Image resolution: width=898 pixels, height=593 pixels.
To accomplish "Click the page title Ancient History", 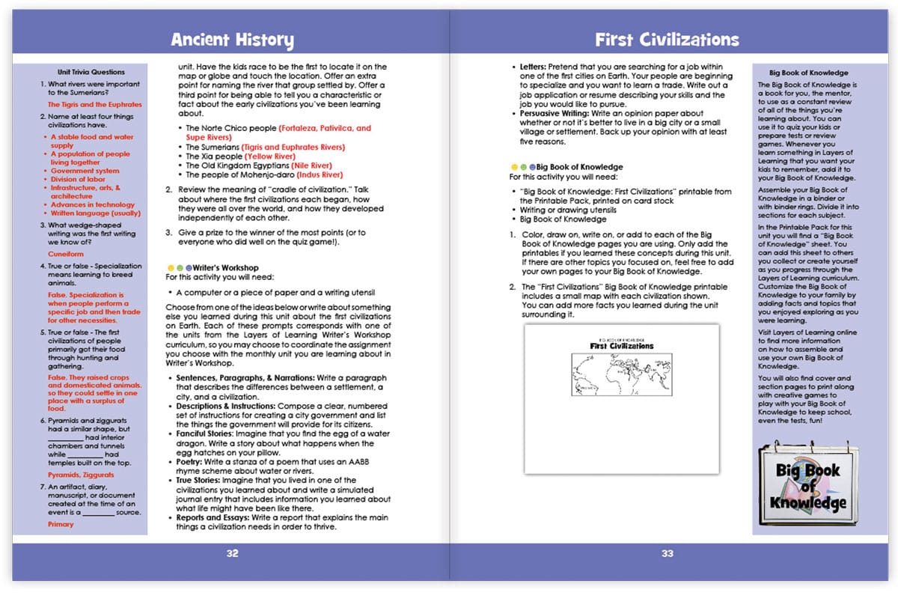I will (x=231, y=40).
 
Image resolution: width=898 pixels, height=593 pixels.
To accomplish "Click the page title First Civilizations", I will (x=667, y=40).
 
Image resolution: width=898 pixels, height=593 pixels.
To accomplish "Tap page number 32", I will (x=232, y=553).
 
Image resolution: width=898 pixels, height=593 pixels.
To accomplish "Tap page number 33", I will (x=667, y=553).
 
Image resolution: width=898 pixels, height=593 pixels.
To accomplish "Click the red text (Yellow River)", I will (x=275, y=156).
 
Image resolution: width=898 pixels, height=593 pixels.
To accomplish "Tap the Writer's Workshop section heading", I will (x=224, y=267).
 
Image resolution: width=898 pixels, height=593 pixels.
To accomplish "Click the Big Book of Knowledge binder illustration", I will (x=809, y=487).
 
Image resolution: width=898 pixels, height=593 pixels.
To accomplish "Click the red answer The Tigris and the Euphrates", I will (x=94, y=105).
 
